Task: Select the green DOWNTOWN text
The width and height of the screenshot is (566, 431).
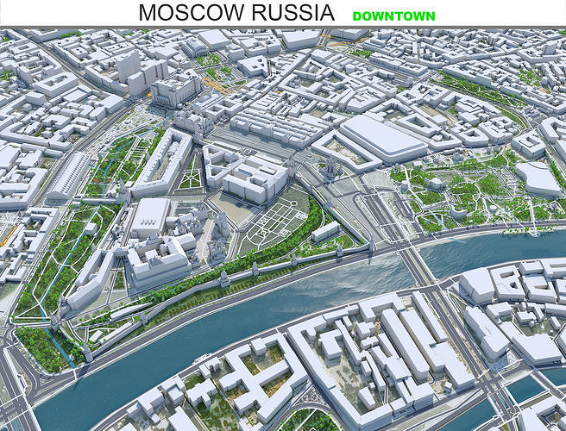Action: (x=393, y=16)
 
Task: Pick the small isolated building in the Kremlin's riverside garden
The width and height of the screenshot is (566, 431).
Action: (x=325, y=231)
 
